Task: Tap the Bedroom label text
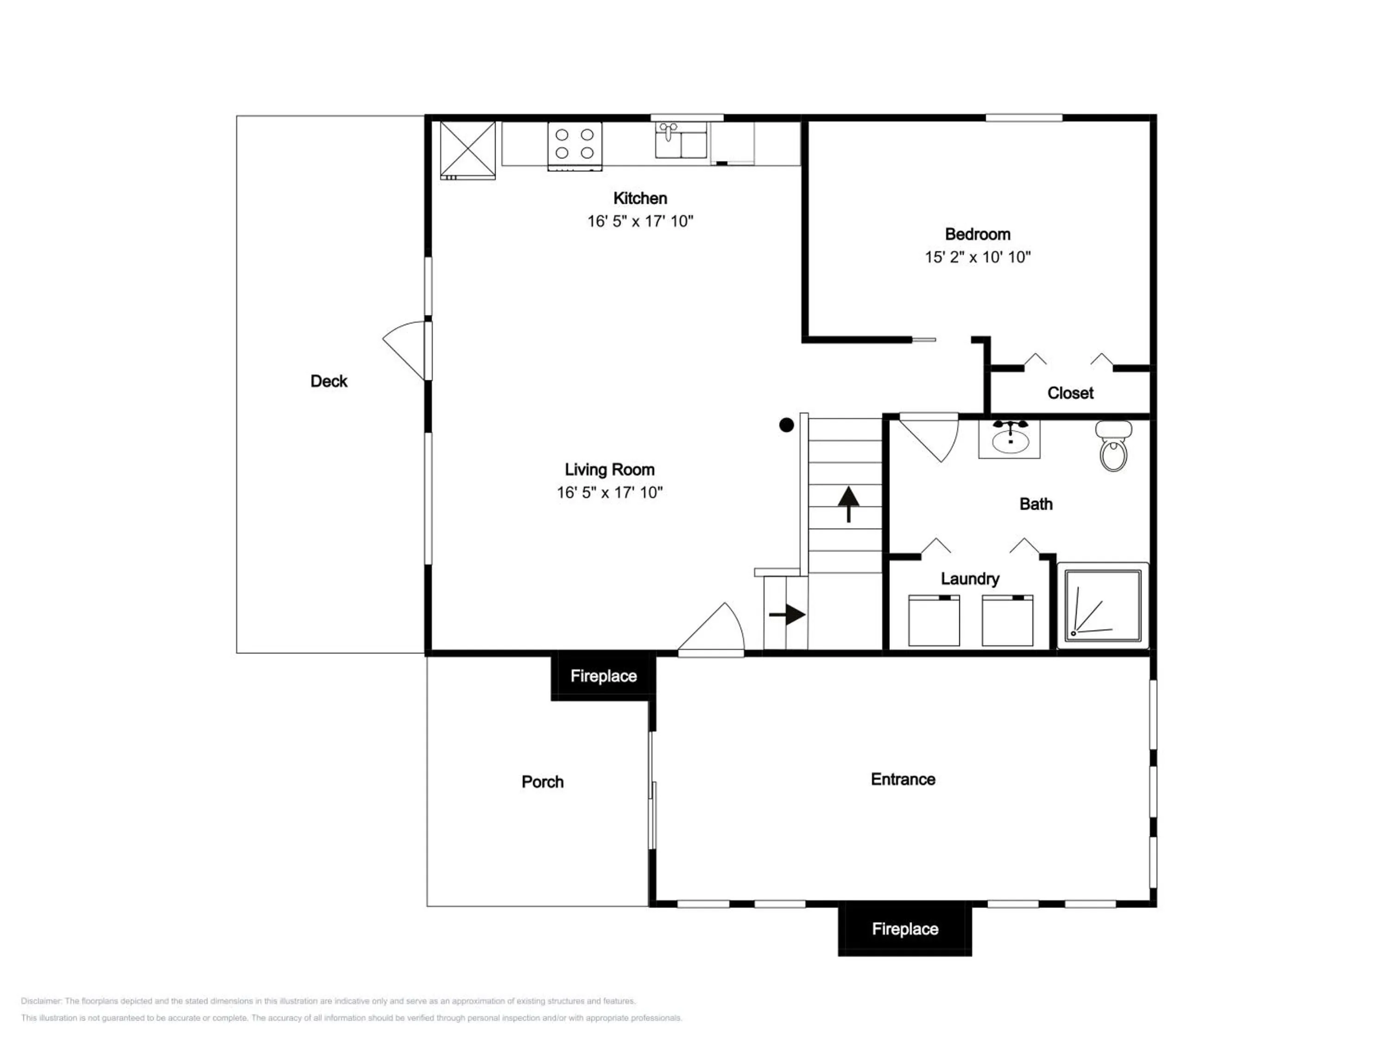(978, 234)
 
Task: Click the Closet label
(1070, 393)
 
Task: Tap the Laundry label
(970, 579)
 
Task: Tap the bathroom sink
(1009, 439)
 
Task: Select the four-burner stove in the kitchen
(575, 146)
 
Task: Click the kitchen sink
(681, 140)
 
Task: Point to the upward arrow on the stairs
(848, 504)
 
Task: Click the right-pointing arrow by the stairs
(787, 614)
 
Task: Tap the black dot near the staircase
(786, 425)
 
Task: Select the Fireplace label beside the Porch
(603, 676)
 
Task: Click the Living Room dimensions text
(610, 492)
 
